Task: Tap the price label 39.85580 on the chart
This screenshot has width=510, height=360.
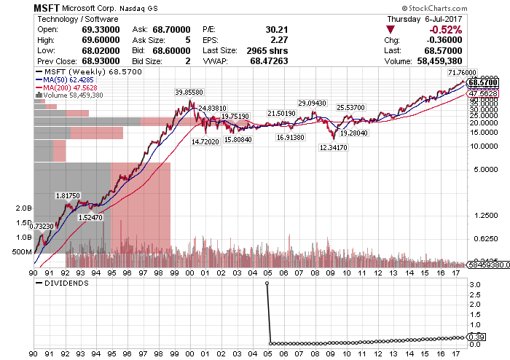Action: pos(189,92)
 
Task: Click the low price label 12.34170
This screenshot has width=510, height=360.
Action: pos(333,147)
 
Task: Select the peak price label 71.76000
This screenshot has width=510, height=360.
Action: pos(461,74)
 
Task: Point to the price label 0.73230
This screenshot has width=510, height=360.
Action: pos(42,226)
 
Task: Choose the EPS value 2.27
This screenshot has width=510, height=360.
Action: pos(279,40)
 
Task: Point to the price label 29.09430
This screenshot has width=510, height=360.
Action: pos(312,103)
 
